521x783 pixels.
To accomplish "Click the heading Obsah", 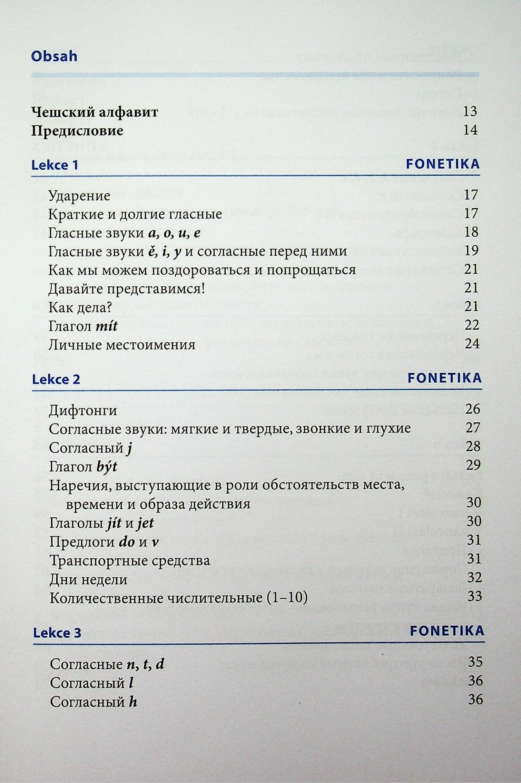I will pyautogui.click(x=54, y=56).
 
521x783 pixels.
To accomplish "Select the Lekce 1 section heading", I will pyautogui.click(x=55, y=165).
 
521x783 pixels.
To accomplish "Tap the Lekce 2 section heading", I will pyautogui.click(x=56, y=380).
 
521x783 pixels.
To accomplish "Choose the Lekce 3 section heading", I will pyautogui.click(x=57, y=633).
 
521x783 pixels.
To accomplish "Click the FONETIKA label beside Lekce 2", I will pyautogui.click(x=444, y=378).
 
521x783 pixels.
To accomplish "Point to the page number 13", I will pyautogui.click(x=470, y=111).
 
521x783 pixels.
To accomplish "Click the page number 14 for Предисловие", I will pyautogui.click(x=470, y=130).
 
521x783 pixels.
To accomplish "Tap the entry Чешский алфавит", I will pyautogui.click(x=95, y=112).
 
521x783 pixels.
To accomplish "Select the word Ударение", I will pyautogui.click(x=79, y=196).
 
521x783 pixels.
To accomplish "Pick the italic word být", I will pyautogui.click(x=107, y=467).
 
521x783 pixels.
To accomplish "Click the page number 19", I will pyautogui.click(x=471, y=251).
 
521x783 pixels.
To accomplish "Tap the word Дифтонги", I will pyautogui.click(x=83, y=411).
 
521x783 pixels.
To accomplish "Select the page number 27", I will pyautogui.click(x=473, y=428).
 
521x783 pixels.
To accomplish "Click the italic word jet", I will pyautogui.click(x=145, y=523).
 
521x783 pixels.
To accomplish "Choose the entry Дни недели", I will pyautogui.click(x=88, y=580).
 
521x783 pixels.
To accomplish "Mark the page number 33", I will pyautogui.click(x=474, y=596).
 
